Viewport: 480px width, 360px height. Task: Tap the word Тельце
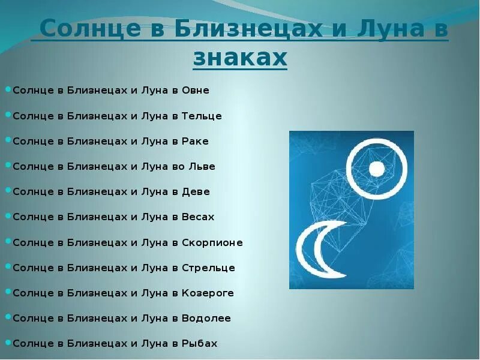pyautogui.click(x=202, y=116)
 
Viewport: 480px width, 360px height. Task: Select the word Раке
pyautogui.click(x=195, y=142)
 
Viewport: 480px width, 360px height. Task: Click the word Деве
pyautogui.click(x=196, y=192)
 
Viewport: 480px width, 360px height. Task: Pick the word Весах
pyautogui.click(x=198, y=217)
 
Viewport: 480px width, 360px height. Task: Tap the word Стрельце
pyautogui.click(x=208, y=268)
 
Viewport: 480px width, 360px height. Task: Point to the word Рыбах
pyautogui.click(x=199, y=344)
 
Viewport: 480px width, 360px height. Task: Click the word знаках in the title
pyautogui.click(x=240, y=58)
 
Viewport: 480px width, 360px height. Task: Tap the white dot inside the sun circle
pyautogui.click(x=377, y=169)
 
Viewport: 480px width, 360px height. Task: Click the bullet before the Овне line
pyautogui.click(x=8, y=90)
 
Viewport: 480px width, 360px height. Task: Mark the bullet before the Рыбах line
pyautogui.click(x=8, y=343)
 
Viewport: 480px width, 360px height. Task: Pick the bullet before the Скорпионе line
pyautogui.click(x=8, y=242)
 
